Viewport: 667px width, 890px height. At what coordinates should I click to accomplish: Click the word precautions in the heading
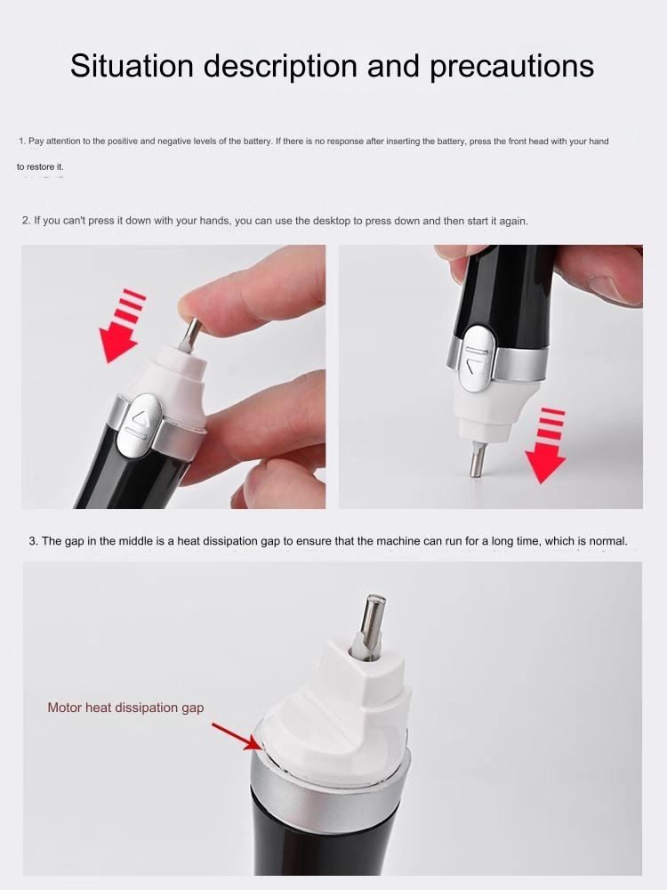coord(511,67)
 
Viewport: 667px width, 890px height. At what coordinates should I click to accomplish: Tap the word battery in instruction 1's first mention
coord(257,141)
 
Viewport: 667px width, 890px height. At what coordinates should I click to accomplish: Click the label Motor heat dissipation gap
coord(125,708)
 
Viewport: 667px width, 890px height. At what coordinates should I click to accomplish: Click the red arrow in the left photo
coord(120,326)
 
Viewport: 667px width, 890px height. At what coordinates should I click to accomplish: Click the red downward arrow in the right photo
coord(546,446)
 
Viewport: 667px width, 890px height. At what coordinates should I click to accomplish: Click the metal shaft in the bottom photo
coord(373,627)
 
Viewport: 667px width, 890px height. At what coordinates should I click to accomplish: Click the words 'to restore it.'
coord(40,167)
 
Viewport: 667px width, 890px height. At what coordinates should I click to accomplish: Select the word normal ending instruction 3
coord(608,541)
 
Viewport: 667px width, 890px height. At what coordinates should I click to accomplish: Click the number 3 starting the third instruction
coord(33,541)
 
